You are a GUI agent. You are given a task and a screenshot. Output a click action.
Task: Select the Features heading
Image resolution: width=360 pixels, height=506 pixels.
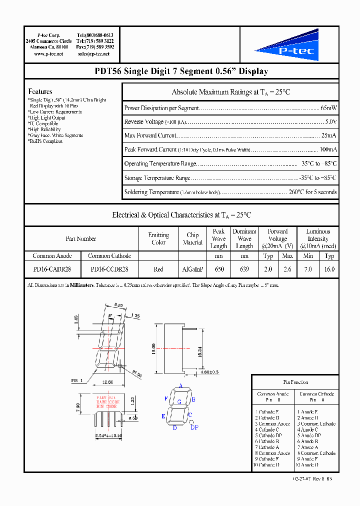click(x=40, y=91)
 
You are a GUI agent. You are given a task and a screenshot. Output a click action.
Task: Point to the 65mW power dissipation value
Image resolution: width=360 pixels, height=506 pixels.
click(x=329, y=108)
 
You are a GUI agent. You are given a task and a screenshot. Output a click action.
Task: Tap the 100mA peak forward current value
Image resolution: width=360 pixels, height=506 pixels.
click(x=328, y=149)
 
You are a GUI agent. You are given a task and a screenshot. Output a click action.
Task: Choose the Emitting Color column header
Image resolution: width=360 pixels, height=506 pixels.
click(x=158, y=239)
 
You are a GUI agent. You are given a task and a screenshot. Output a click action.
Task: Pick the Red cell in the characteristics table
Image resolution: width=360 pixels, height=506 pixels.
click(x=158, y=269)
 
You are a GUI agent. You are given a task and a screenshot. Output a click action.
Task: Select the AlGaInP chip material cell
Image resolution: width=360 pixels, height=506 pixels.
click(x=192, y=269)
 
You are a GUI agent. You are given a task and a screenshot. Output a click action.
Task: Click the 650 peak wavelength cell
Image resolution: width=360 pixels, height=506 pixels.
click(x=219, y=269)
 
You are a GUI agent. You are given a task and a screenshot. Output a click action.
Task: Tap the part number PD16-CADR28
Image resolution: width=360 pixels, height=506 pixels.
click(x=52, y=269)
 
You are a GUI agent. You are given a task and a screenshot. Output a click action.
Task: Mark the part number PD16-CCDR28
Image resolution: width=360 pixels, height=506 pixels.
click(x=109, y=269)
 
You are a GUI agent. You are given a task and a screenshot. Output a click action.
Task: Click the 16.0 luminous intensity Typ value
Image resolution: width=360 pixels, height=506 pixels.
click(x=329, y=269)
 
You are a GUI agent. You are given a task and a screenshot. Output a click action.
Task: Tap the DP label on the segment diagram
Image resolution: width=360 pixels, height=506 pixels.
click(x=194, y=427)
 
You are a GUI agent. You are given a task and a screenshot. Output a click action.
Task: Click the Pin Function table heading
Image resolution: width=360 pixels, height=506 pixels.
click(x=295, y=382)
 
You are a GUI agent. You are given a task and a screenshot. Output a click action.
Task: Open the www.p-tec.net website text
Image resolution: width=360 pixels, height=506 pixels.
click(x=48, y=53)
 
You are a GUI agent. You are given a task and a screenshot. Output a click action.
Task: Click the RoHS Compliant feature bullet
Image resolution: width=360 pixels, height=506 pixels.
click(x=45, y=141)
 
